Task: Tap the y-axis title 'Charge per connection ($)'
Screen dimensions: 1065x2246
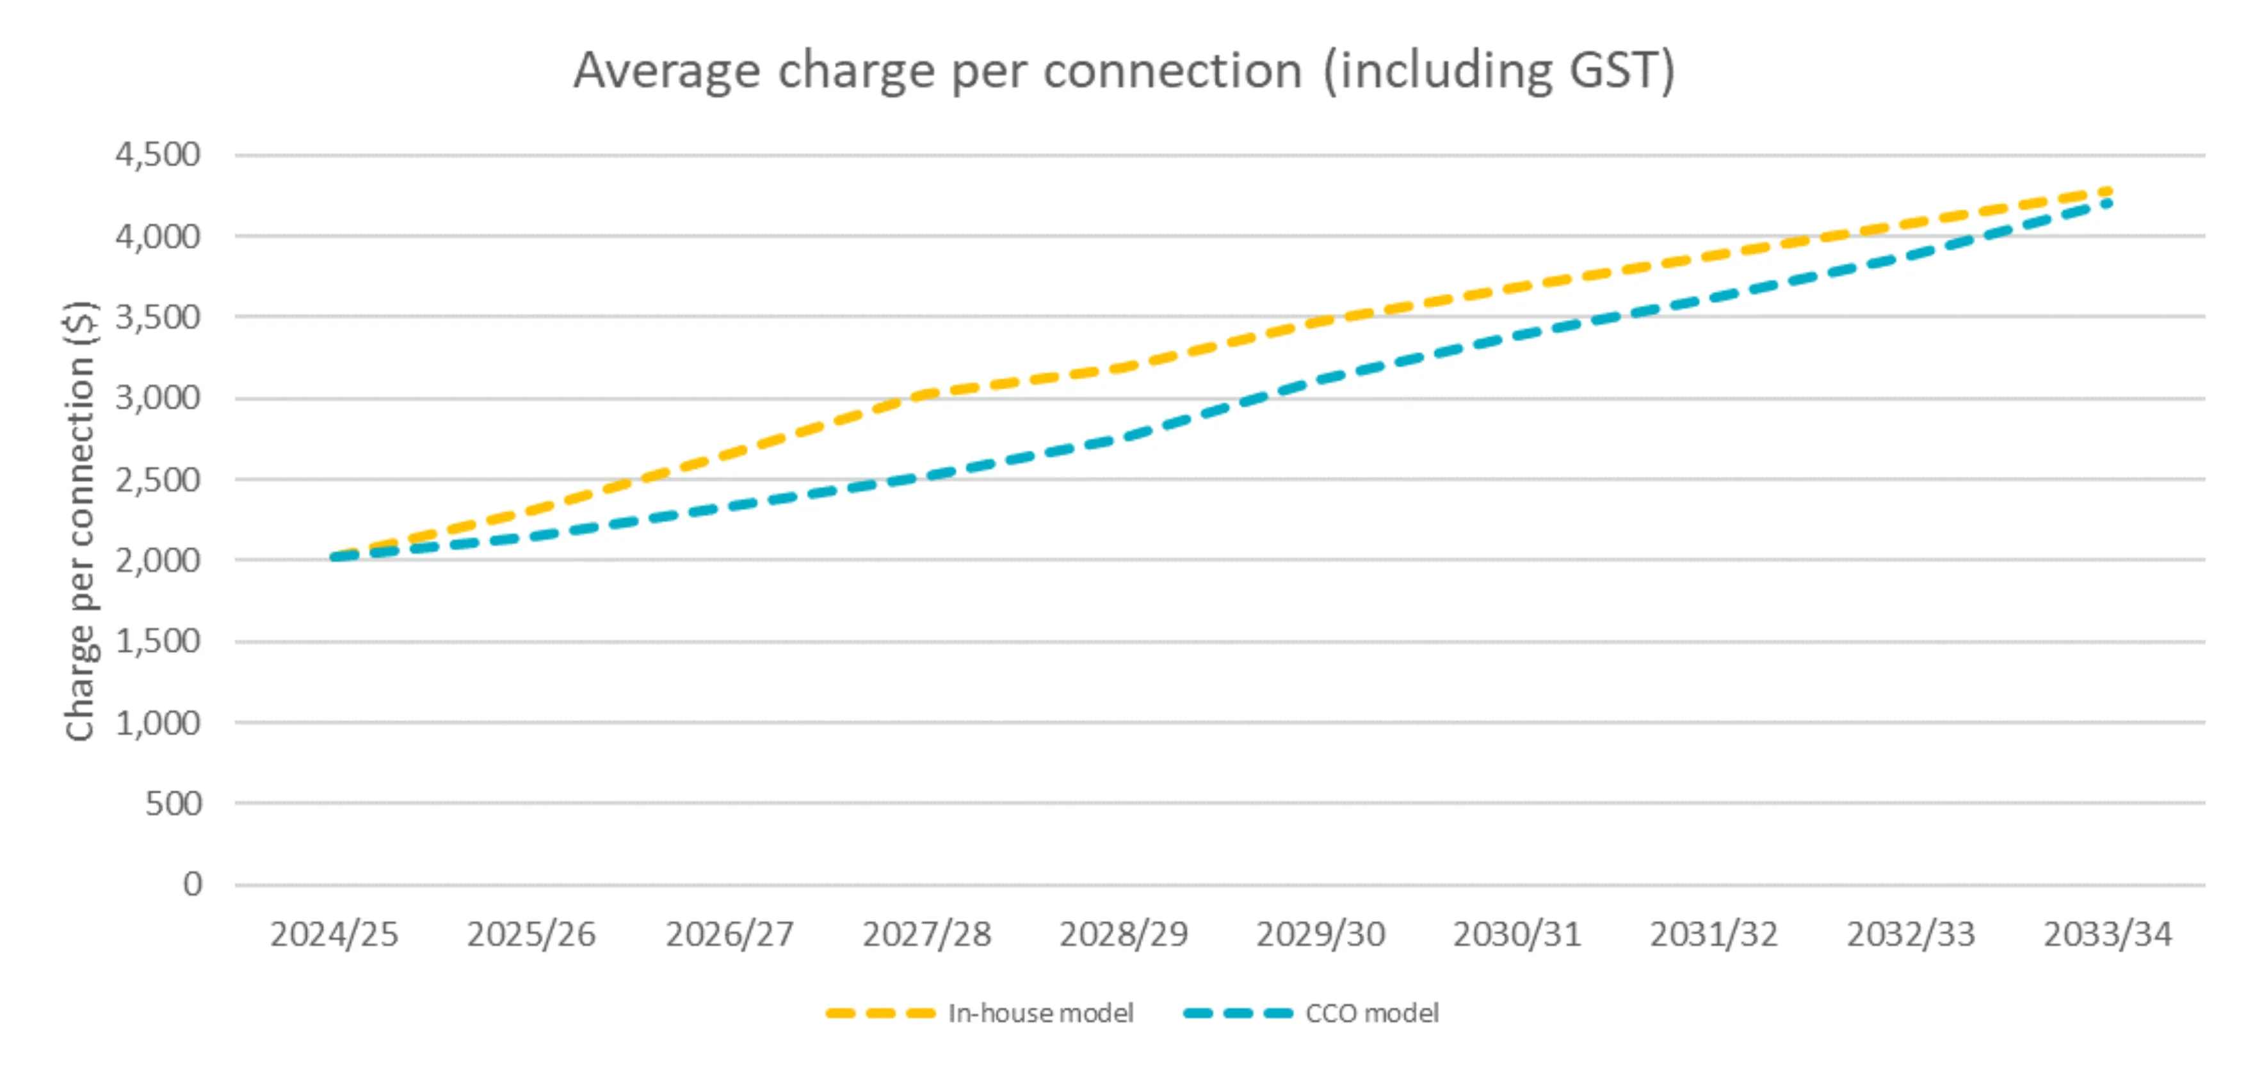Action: [x=80, y=520]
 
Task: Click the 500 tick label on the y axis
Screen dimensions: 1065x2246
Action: [x=174, y=803]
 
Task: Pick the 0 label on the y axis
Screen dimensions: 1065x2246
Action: [x=193, y=885]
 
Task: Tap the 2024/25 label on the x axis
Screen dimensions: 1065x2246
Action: [x=334, y=935]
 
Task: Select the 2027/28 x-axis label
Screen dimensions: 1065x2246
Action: [x=927, y=935]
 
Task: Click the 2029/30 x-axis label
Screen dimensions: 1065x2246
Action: [x=1320, y=935]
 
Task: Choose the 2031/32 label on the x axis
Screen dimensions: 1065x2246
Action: [x=1713, y=935]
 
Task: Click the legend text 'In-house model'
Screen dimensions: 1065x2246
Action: [x=1041, y=1014]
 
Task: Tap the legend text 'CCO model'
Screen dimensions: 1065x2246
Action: [x=1371, y=1014]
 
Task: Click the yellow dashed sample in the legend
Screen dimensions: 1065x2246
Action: [x=880, y=1014]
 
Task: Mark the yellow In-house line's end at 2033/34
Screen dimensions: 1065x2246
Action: [x=2106, y=191]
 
